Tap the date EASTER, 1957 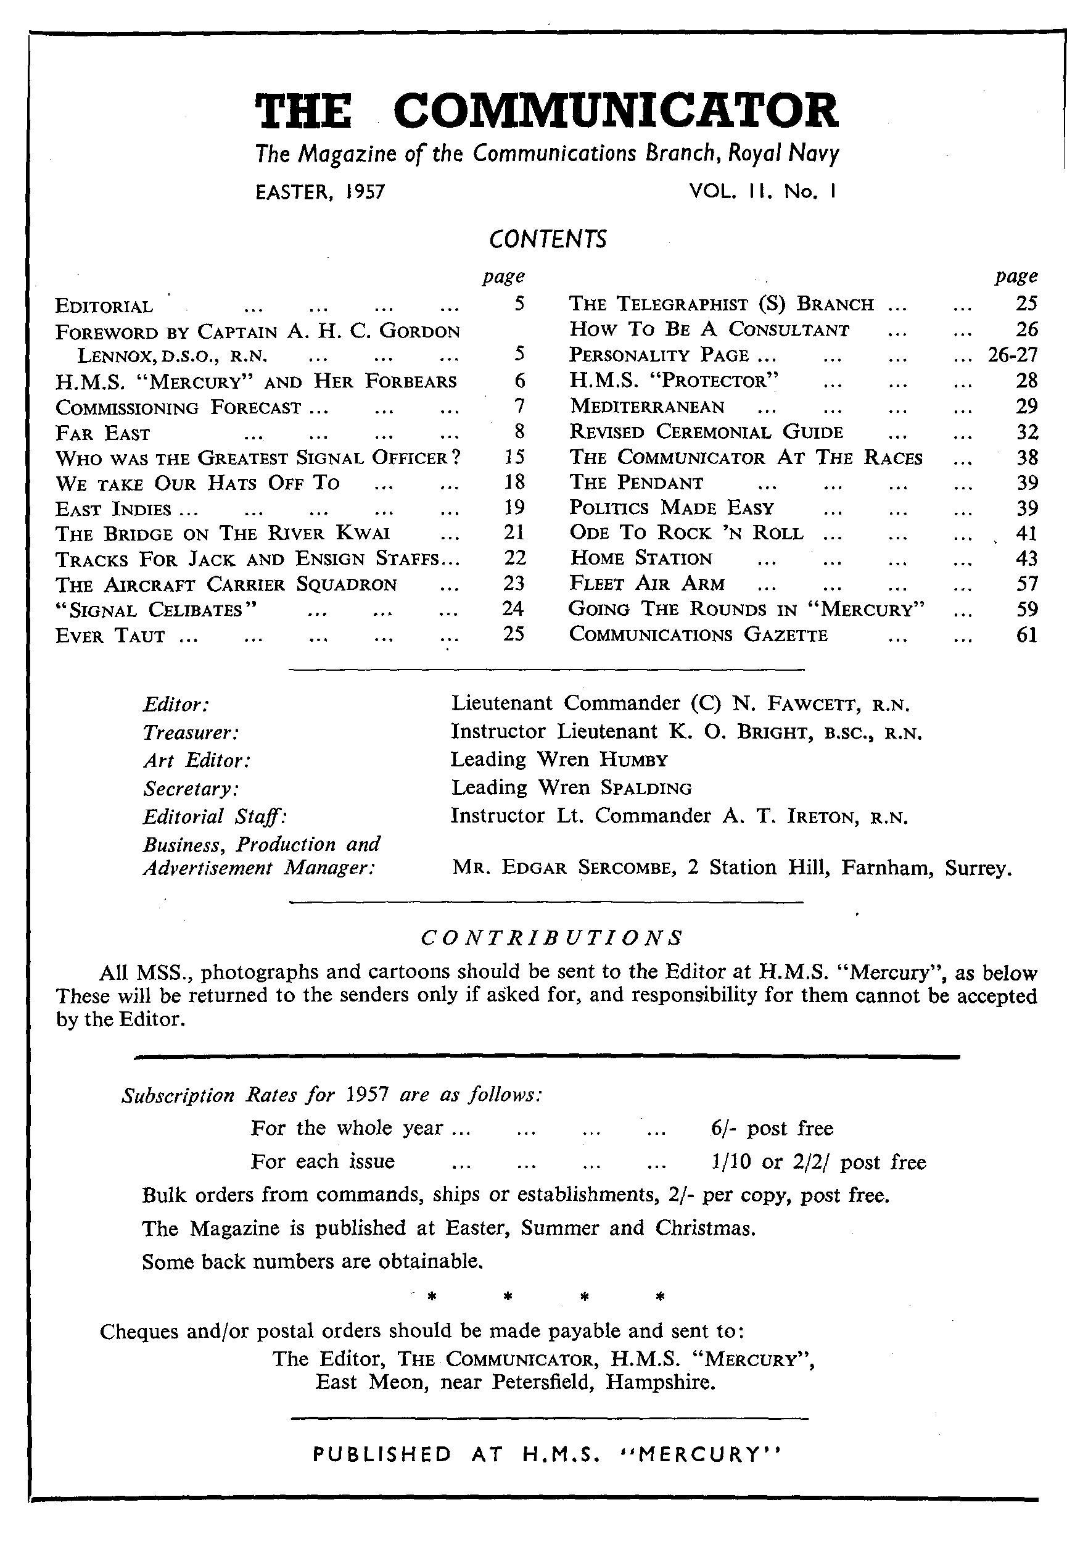pos(321,193)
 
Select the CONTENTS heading pos(547,239)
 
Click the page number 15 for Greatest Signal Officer pos(514,458)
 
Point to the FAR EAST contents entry pos(103,434)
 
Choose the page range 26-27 pos(1012,355)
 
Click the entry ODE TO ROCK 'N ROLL pos(686,533)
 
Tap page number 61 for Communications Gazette pos(1026,634)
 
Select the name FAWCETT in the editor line pos(809,704)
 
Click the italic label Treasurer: pos(191,732)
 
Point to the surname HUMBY pos(633,760)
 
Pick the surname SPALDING pos(646,788)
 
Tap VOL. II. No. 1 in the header pos(762,193)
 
